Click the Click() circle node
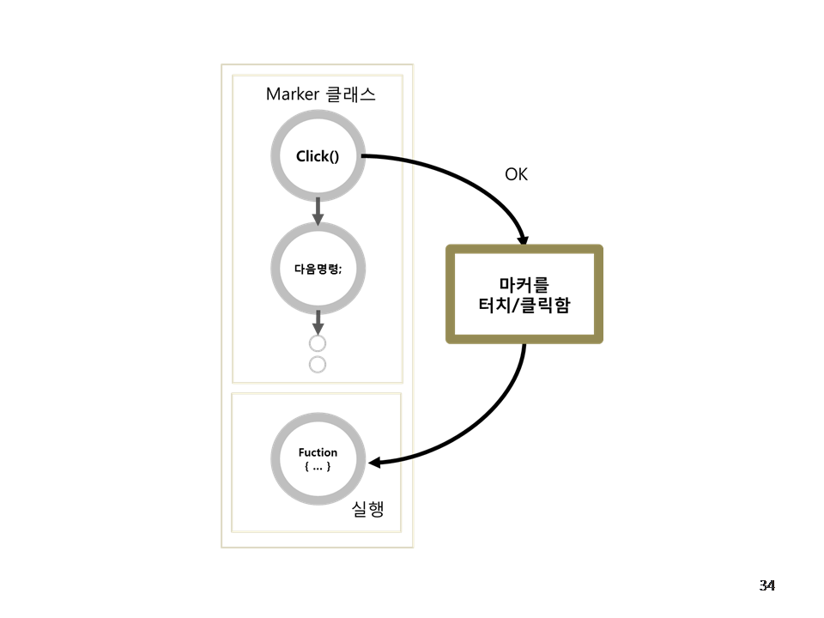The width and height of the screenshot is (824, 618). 318,157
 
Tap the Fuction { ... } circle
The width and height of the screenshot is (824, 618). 318,458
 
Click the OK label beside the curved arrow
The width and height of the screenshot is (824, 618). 516,174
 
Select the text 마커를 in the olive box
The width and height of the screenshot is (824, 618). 524,283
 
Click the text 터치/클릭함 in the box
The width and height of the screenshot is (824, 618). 524,305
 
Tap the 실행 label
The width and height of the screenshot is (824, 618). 367,509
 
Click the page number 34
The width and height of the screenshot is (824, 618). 766,585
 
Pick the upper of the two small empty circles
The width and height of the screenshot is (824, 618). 318,344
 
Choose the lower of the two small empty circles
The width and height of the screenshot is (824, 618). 318,365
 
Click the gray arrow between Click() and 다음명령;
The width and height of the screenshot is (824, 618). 318,211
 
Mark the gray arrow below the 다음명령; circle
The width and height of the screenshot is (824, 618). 318,323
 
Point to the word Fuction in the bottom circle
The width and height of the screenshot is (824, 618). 318,452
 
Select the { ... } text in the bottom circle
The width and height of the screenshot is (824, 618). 318,465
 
